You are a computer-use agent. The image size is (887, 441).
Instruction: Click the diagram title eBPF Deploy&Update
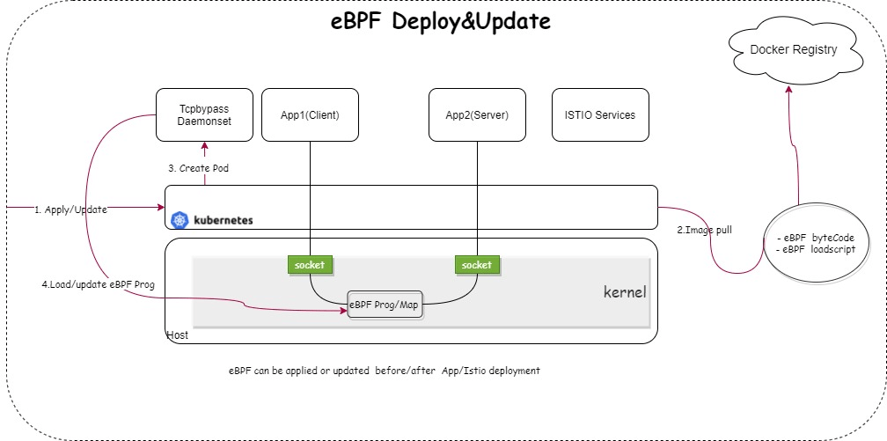pos(440,22)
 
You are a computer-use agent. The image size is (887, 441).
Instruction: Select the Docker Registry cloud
pos(793,50)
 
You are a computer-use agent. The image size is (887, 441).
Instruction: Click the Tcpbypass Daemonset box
pos(205,114)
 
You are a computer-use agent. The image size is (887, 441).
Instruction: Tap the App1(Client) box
pos(310,114)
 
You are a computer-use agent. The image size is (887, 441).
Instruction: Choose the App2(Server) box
pos(477,114)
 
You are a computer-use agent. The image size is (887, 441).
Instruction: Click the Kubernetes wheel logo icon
pos(180,220)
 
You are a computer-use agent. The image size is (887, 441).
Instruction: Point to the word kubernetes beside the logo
pos(223,220)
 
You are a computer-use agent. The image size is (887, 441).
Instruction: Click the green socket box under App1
pos(310,264)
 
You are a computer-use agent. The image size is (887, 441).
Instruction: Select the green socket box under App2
pos(477,264)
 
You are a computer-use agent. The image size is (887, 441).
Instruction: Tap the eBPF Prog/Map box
pos(384,304)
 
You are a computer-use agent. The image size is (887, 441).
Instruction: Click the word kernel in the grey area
pos(624,291)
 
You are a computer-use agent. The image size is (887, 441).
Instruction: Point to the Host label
pos(177,335)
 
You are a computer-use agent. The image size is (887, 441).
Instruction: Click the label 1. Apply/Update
pos(70,210)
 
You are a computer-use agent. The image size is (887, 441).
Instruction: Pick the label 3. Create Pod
pos(198,168)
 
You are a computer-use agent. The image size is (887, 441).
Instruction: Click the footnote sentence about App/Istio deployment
pos(384,371)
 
